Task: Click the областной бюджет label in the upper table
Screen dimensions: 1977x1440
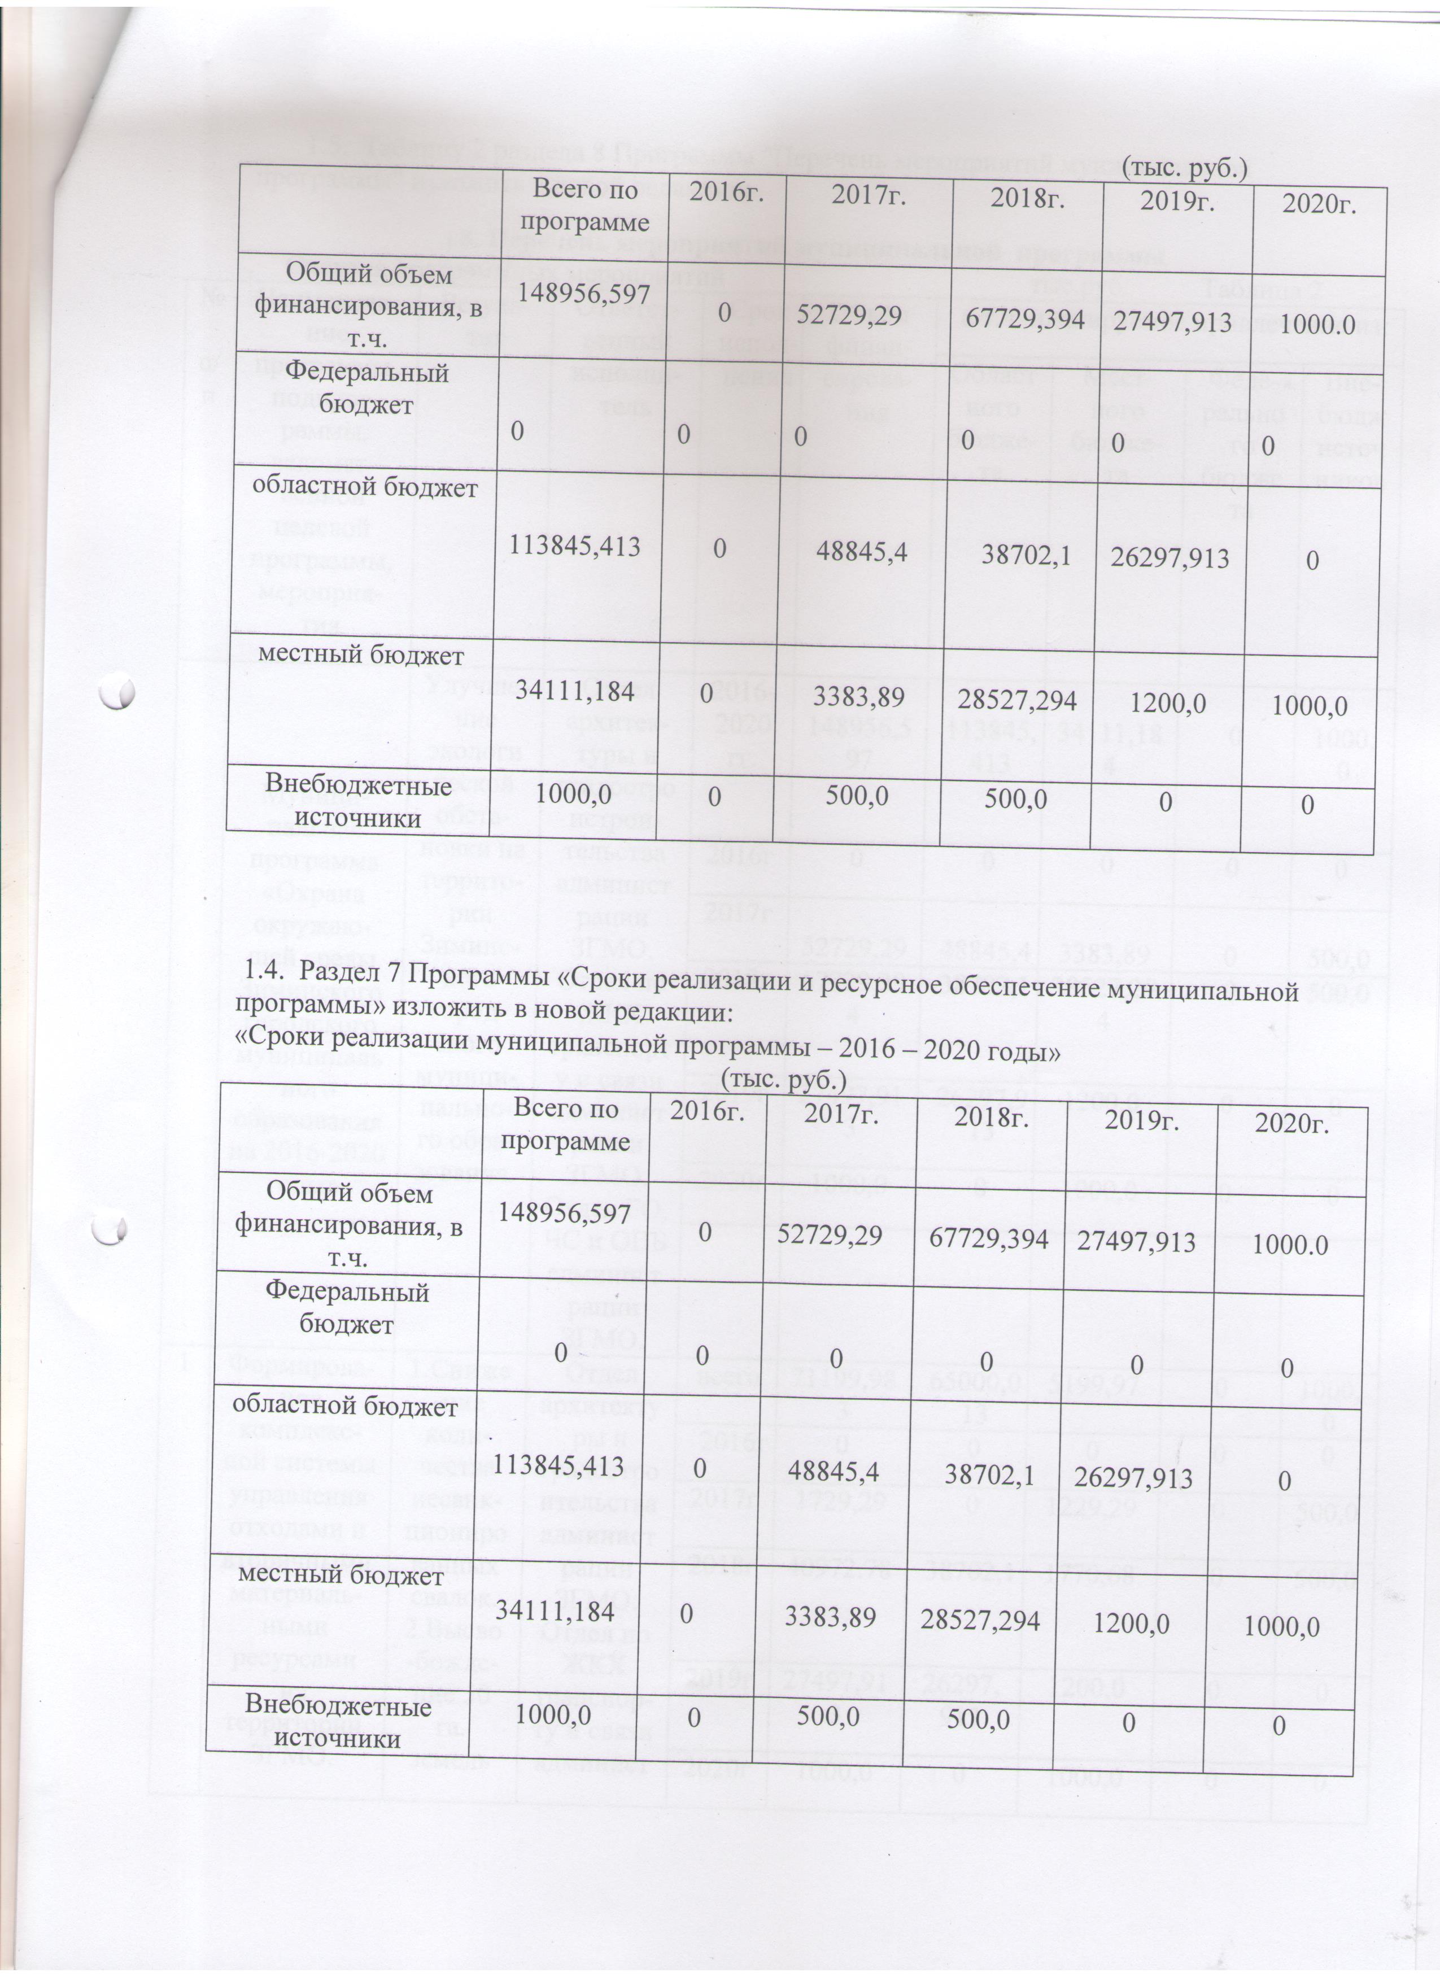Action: tap(365, 487)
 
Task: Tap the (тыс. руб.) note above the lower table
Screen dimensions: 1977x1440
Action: tap(784, 1082)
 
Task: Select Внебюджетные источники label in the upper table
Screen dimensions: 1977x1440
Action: tap(357, 800)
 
